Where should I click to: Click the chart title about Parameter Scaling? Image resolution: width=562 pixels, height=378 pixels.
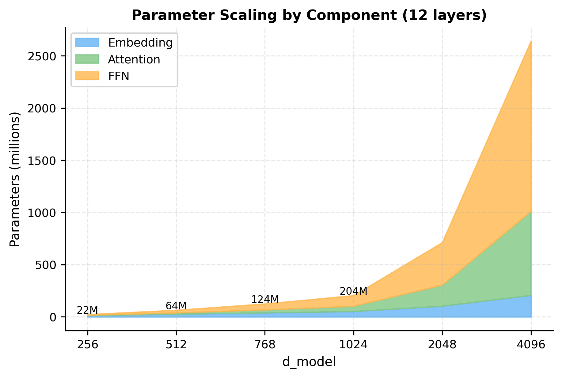(x=309, y=15)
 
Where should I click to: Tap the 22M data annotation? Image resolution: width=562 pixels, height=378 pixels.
(x=87, y=310)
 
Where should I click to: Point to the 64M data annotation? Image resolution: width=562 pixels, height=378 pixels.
(x=176, y=306)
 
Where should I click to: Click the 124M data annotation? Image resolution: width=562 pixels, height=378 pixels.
(x=265, y=299)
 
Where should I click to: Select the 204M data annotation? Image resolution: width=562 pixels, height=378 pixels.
(x=353, y=291)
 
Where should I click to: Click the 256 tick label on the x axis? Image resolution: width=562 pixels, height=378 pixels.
(x=88, y=345)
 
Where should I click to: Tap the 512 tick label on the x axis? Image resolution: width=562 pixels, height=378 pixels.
(x=176, y=345)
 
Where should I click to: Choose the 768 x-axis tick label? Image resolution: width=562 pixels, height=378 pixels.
(x=265, y=345)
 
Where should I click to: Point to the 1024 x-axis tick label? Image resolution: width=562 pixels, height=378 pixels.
(x=353, y=345)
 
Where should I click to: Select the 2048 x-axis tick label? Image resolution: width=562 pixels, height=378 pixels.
(x=442, y=345)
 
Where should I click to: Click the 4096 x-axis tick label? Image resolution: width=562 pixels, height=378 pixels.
(x=531, y=345)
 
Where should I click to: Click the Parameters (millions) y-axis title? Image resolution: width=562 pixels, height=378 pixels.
(x=15, y=179)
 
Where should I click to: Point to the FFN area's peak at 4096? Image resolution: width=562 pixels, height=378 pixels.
(x=531, y=41)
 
